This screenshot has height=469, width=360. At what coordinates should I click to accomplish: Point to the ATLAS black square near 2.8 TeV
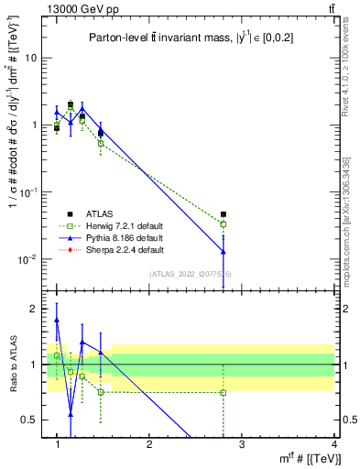coord(223,214)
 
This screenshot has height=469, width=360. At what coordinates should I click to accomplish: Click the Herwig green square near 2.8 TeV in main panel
coord(223,224)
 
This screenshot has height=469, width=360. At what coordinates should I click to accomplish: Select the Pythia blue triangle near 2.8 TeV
coord(223,252)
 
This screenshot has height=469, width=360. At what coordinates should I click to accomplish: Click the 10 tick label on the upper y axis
coord(30,58)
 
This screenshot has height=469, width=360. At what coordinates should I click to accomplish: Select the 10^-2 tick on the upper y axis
coord(27,259)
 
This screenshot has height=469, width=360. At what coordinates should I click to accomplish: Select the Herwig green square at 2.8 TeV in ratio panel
coord(223,392)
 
